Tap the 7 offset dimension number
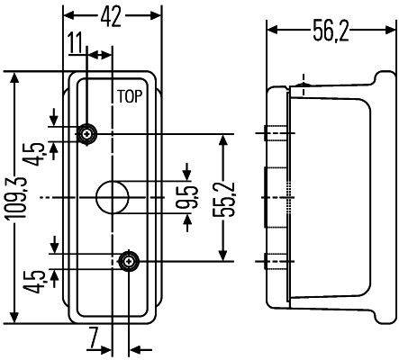coord(93,339)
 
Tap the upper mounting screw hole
coord(87,135)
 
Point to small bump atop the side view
coord(304,86)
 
